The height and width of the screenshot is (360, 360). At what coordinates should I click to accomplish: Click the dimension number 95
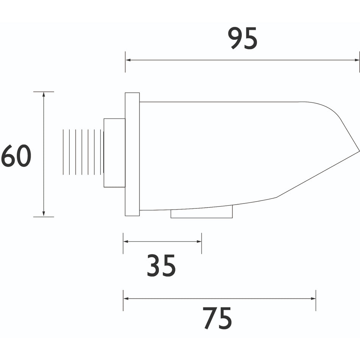coord(243,38)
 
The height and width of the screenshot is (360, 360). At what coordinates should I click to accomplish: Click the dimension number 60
coord(16,156)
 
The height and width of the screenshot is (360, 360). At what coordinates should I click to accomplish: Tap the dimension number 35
coord(161,265)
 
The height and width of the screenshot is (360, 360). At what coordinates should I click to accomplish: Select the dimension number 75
coord(217,318)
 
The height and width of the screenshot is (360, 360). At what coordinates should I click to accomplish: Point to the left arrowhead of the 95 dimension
coord(128,60)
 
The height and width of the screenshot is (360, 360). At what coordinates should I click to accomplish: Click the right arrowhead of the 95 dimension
coord(357,60)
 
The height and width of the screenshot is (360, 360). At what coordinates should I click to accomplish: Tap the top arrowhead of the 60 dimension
coord(44,94)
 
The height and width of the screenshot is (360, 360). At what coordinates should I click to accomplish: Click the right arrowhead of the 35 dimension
coord(199,241)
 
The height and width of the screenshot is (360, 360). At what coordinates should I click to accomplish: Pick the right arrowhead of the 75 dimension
coord(313,299)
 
